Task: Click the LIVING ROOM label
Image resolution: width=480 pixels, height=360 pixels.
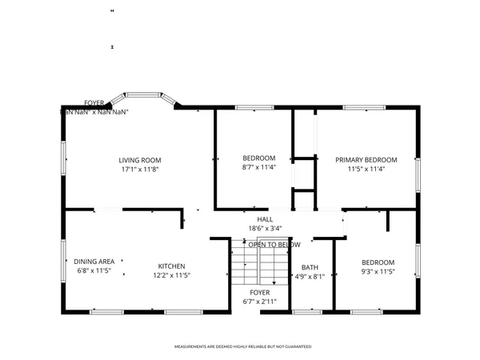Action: pos(140,160)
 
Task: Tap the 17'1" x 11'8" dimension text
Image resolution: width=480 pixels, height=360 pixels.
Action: pos(140,170)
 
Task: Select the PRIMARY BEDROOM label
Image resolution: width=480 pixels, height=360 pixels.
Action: pos(366,160)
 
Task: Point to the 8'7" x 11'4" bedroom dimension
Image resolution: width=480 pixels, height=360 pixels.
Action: pos(258,167)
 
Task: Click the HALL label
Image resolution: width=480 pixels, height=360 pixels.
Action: pos(264,219)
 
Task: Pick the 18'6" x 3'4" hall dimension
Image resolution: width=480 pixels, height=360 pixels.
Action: pos(264,228)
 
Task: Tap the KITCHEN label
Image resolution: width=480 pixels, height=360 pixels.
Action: pos(171,266)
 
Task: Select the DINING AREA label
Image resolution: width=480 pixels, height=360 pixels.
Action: pos(94,262)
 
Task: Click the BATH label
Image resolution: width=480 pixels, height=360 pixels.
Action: pos(309,268)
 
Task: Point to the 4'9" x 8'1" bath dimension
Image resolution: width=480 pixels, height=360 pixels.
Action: pos(309,277)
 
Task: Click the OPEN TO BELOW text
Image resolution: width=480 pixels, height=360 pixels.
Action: pos(274,244)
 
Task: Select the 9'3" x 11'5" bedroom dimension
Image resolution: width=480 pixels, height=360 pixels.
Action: pos(378,272)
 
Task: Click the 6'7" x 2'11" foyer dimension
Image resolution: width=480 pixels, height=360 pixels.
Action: pos(259,302)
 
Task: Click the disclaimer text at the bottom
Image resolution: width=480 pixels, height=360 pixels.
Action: pos(242,346)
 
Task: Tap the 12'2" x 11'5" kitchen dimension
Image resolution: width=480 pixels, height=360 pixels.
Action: pos(171,275)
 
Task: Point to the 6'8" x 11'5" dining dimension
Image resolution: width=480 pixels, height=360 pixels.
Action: pos(94,271)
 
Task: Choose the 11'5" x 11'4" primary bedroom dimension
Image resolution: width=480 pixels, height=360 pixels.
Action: pos(366,170)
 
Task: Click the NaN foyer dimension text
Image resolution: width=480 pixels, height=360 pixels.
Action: pos(95,112)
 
